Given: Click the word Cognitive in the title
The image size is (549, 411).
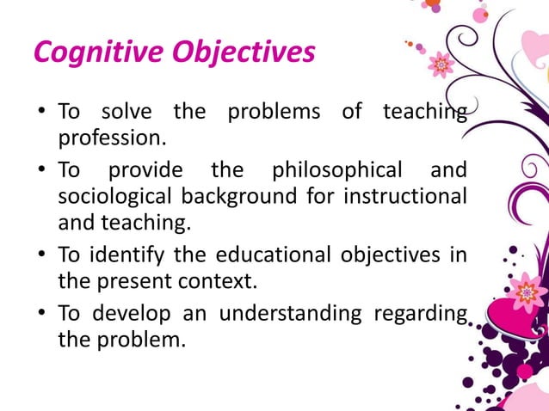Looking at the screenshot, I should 94,53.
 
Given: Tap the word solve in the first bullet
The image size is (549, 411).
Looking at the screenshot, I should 127,112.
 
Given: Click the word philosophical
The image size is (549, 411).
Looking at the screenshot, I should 337,169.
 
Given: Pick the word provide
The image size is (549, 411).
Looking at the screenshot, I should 145,169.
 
